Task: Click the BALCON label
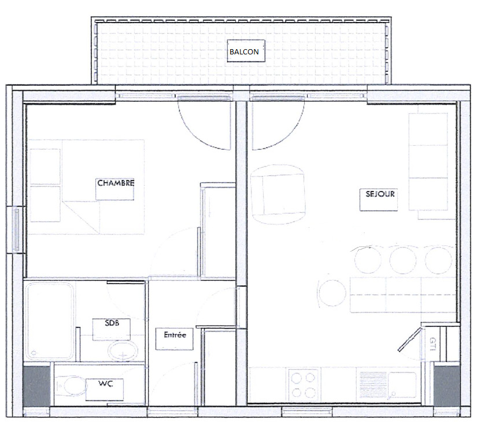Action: pos(244,52)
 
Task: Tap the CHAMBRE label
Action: pos(116,183)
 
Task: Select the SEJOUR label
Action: pos(380,194)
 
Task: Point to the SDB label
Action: pos(112,323)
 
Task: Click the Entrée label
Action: pos(175,335)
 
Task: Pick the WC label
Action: pos(106,384)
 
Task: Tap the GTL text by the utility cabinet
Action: pos(433,344)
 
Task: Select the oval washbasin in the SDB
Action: pos(123,351)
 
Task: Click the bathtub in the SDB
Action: pos(50,321)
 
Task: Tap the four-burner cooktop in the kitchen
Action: pos(303,385)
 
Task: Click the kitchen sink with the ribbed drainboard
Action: pos(388,385)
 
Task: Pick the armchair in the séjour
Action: pos(278,194)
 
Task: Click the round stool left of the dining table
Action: pos(332,293)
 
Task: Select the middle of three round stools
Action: pos(403,260)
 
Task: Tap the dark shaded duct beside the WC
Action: pos(36,386)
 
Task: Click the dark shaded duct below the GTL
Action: pos(446,386)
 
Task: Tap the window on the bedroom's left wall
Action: pos(17,229)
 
